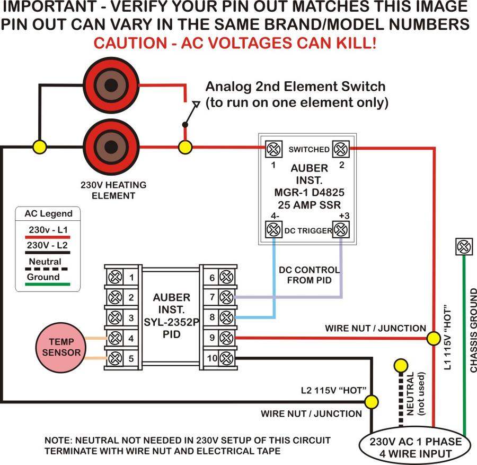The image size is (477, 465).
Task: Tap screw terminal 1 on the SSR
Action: (273, 150)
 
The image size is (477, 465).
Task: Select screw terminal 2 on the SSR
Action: (340, 150)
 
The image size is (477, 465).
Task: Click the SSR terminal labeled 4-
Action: (273, 230)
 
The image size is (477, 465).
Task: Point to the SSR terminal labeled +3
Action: (340, 230)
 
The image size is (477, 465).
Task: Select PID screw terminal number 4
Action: (114, 338)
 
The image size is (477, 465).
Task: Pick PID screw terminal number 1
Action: (114, 277)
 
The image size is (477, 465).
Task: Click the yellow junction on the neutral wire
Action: (401, 365)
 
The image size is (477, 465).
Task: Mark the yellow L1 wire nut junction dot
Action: (434, 338)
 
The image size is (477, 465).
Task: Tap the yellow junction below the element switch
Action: (184, 147)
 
